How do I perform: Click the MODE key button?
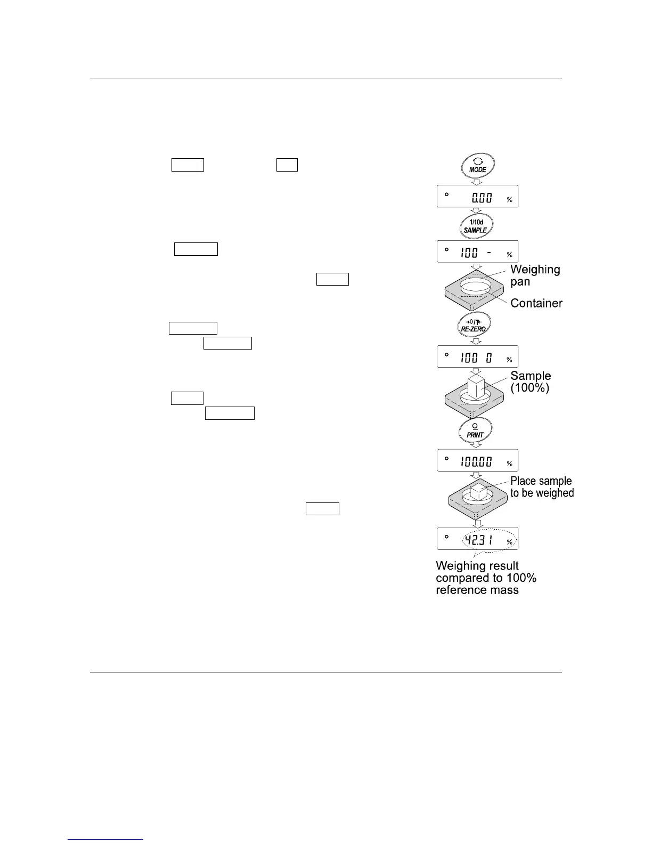tap(478, 166)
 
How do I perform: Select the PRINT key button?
tap(475, 431)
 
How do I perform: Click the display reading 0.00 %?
tap(477, 197)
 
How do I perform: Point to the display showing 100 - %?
tap(477, 252)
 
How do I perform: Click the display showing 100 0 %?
tap(477, 357)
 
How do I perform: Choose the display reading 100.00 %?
tap(477, 461)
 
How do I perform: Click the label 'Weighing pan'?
tap(535, 275)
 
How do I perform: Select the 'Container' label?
tap(536, 303)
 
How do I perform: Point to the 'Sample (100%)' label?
tap(530, 382)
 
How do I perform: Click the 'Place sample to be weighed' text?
tap(542, 487)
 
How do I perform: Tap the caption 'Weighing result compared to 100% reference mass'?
tap(485, 578)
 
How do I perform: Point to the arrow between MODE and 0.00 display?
tap(477, 181)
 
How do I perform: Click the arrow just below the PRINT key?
tap(476, 445)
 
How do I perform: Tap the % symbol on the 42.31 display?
tap(509, 542)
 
